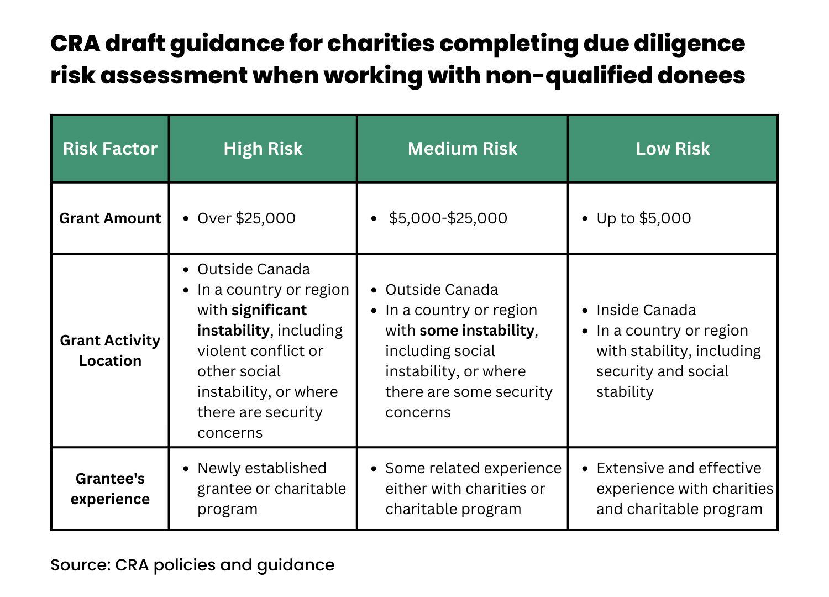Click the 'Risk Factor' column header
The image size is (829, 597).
[110, 149]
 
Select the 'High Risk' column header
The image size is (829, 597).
[263, 149]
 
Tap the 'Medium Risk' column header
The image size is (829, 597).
[463, 149]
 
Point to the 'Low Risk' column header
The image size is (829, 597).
[673, 149]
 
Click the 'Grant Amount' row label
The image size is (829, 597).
[110, 218]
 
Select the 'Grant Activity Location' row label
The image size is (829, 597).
[110, 350]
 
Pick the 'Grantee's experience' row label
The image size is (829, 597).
[110, 489]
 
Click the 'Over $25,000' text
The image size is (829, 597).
[246, 218]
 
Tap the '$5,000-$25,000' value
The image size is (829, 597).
[448, 218]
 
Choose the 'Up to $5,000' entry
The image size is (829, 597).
[643, 218]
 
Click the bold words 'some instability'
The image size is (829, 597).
[477, 331]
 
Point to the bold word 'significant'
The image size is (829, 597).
[269, 310]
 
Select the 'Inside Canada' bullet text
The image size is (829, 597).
[646, 310]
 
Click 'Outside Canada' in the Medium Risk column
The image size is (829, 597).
[442, 290]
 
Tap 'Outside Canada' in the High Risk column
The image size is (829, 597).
[254, 269]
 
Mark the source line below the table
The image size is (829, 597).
[192, 565]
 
